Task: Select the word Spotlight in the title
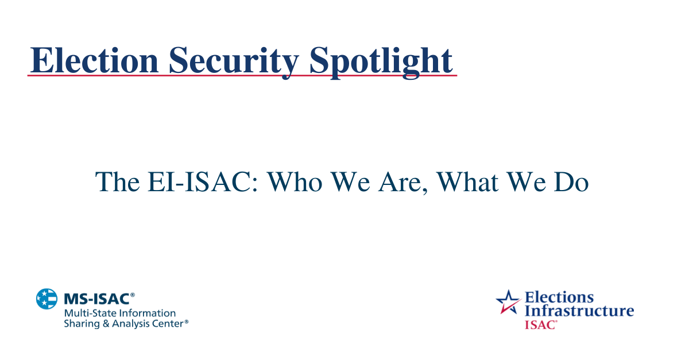pos(381,60)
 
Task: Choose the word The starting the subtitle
pos(117,182)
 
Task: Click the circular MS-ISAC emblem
pos(47,299)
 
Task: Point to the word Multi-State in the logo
pos(87,313)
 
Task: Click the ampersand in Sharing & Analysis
pos(101,324)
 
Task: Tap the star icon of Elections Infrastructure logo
pos(508,302)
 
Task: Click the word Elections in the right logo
pos(559,297)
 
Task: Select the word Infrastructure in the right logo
pos(579,311)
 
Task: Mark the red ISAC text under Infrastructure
pos(540,324)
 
